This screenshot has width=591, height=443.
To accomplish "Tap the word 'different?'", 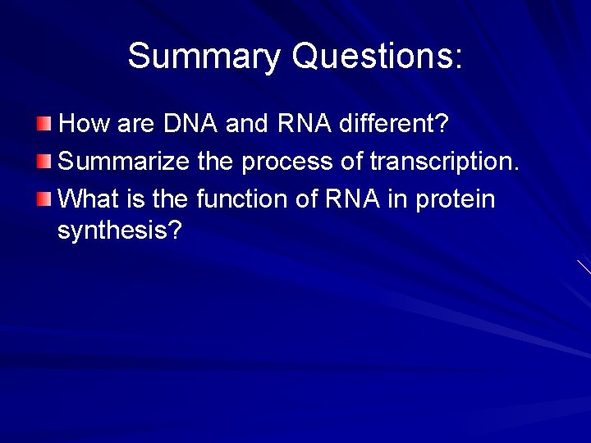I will coord(393,124).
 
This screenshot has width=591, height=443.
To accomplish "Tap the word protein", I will coord(456,199).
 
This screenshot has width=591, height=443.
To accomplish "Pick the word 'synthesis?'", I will coord(119,231).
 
